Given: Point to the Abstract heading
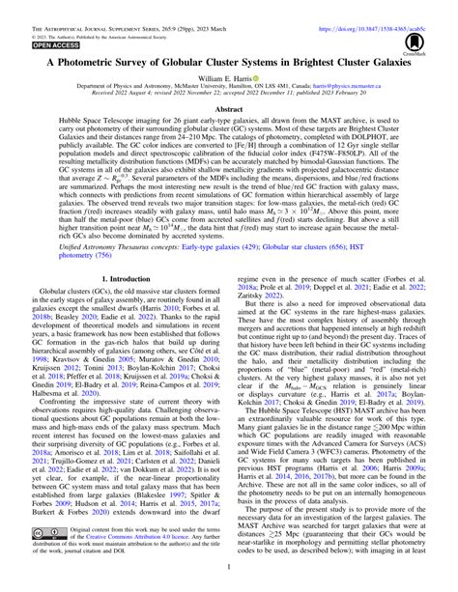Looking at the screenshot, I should click(x=229, y=111).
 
